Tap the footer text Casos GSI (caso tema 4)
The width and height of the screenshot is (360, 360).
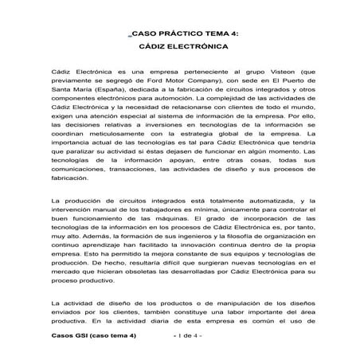click(93, 336)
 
